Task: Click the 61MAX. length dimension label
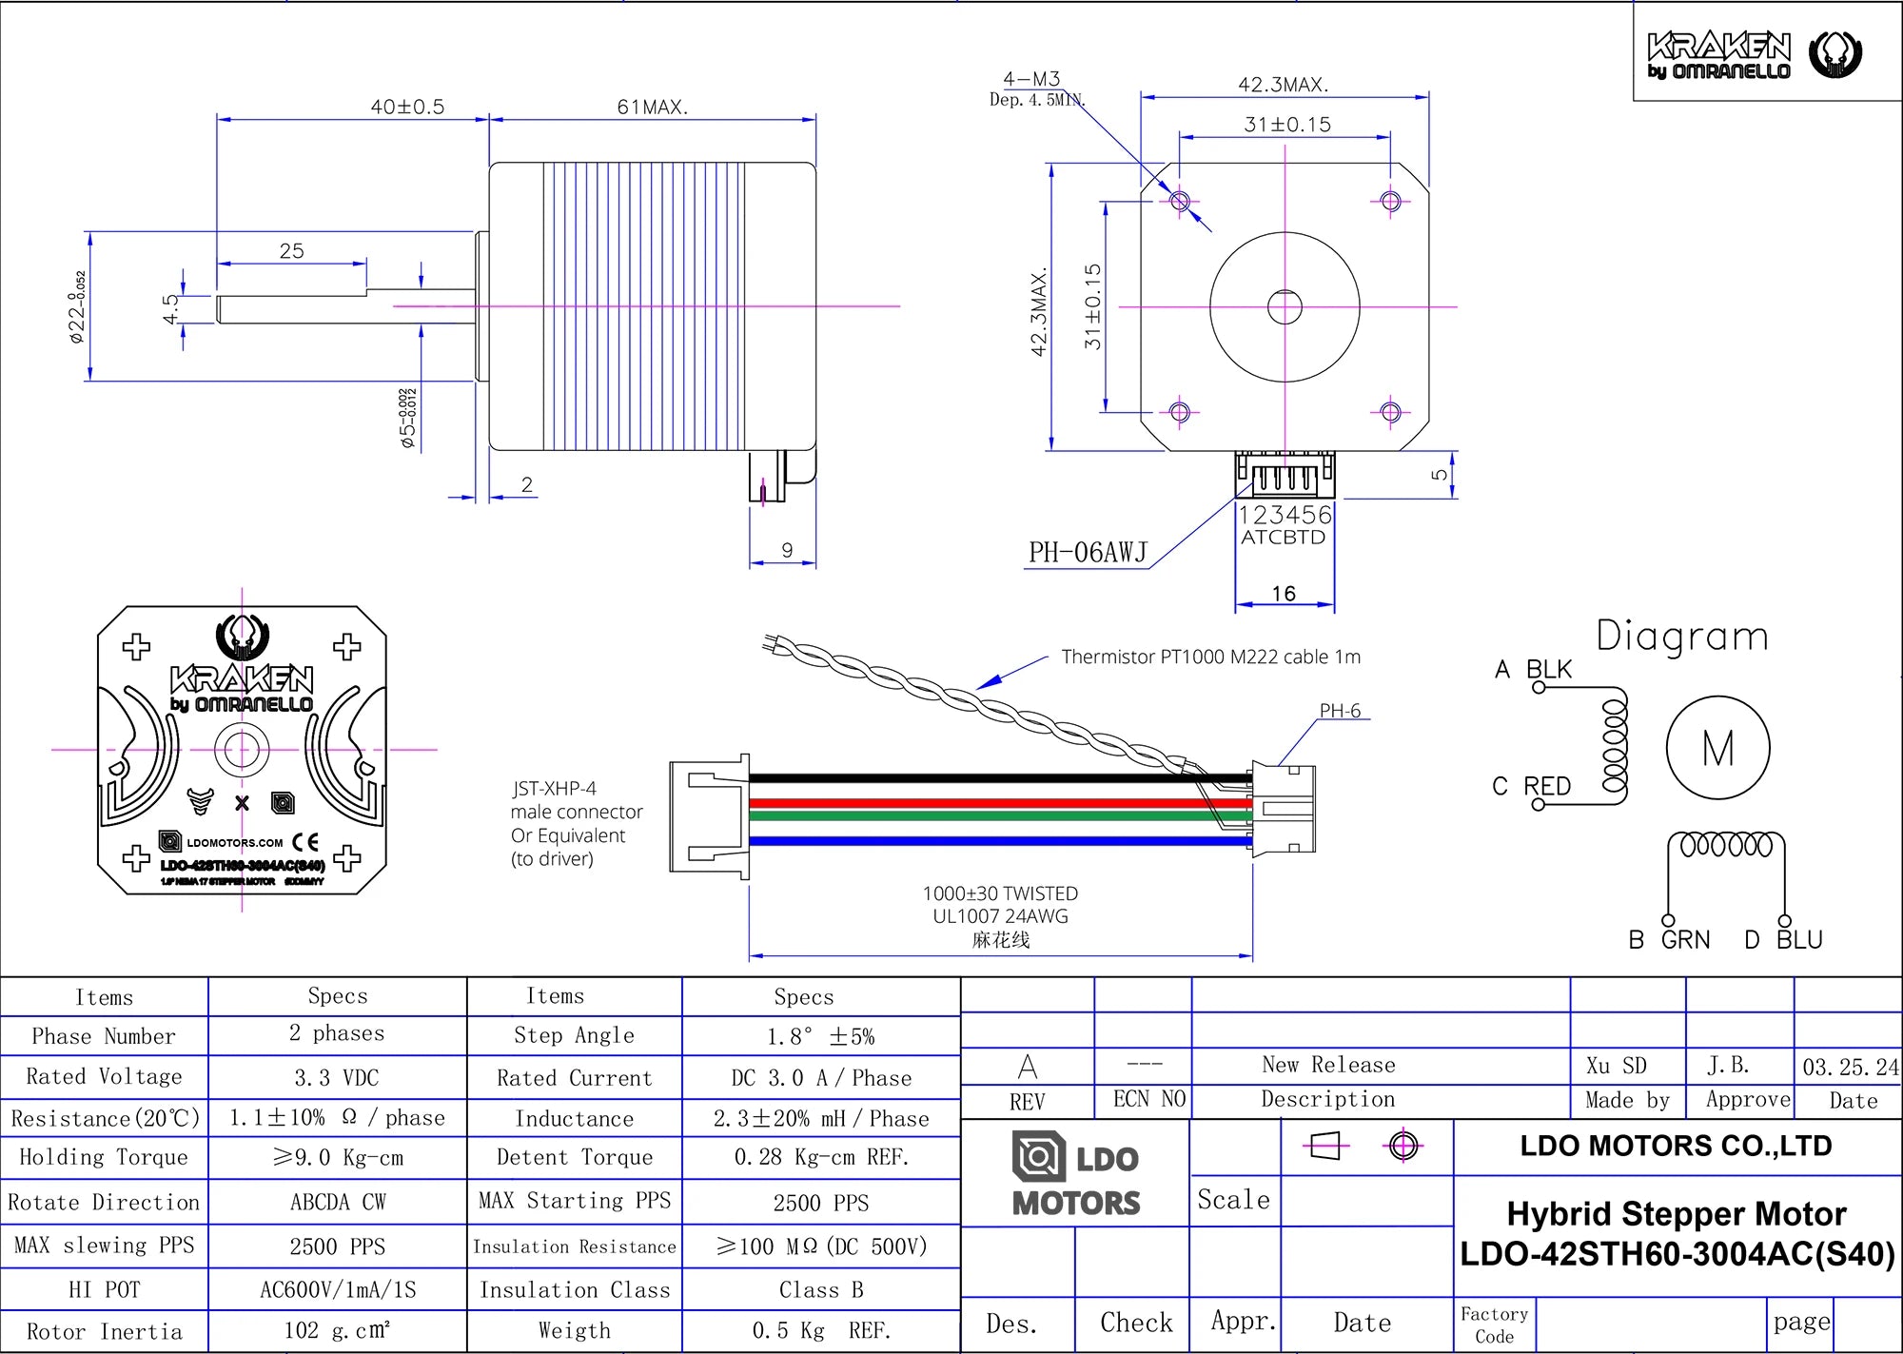tap(652, 107)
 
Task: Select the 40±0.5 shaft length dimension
tap(407, 107)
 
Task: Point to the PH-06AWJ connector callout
tap(1088, 552)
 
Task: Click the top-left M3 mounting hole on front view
tap(1180, 202)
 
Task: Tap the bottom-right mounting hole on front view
tap(1390, 412)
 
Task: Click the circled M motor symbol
tap(1717, 748)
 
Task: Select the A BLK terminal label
tap(1533, 670)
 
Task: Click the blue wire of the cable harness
tap(999, 841)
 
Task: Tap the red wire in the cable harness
tap(999, 803)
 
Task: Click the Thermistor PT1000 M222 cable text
tap(1210, 657)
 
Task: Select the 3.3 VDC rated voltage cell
tap(337, 1078)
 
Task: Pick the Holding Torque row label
tap(104, 1157)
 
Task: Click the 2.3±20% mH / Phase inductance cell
tap(820, 1119)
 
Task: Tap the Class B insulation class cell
tap(820, 1290)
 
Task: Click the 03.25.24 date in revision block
tap(1849, 1067)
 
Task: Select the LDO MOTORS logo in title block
tap(1075, 1174)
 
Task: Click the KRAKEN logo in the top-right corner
tap(1753, 55)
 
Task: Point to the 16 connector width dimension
tap(1284, 594)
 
